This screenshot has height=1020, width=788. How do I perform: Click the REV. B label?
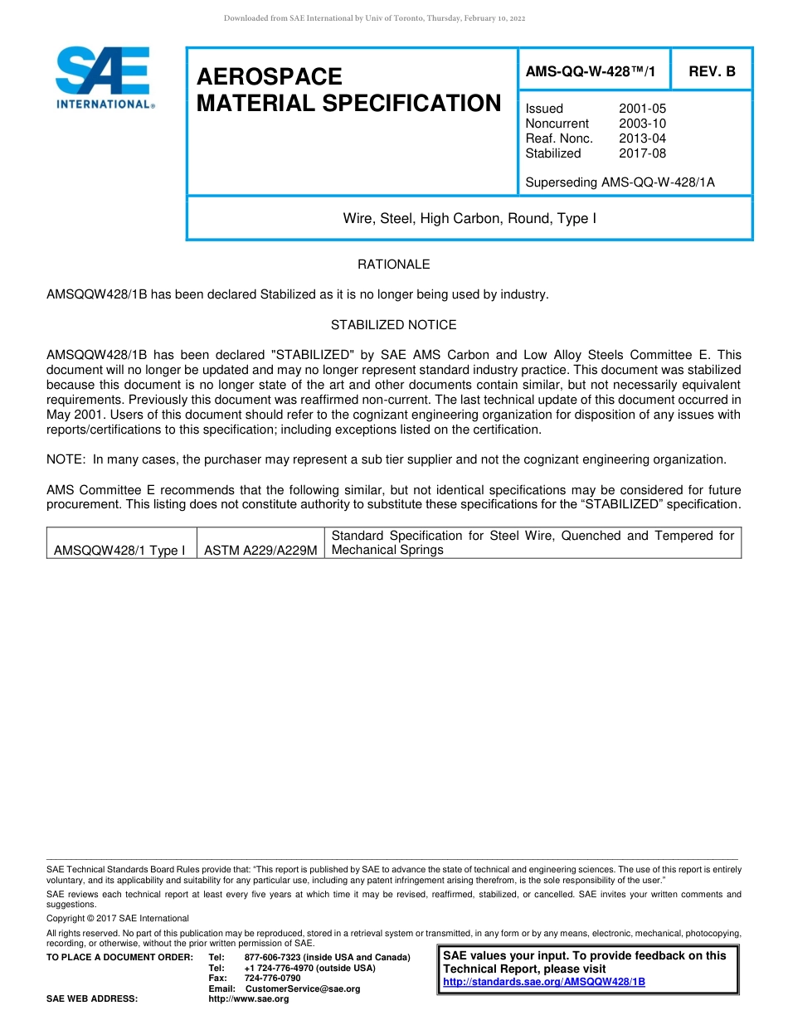click(712, 72)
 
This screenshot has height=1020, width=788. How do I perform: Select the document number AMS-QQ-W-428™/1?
click(590, 72)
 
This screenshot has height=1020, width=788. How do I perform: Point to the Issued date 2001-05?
click(642, 109)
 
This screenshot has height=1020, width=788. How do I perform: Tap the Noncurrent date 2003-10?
click(642, 124)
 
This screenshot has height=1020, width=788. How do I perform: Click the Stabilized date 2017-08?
click(642, 153)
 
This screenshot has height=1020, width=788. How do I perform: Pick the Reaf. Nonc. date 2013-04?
click(642, 138)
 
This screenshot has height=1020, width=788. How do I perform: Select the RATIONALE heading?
click(393, 265)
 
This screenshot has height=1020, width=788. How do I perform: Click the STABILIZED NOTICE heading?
click(393, 325)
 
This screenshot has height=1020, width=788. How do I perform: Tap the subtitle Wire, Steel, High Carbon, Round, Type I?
click(469, 219)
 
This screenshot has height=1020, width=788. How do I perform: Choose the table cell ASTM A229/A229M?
click(260, 551)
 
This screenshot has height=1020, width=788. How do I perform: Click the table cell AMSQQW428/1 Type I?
click(119, 551)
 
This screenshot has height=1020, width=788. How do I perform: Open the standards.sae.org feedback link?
click(544, 982)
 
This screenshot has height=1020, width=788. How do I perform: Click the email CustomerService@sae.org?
click(303, 988)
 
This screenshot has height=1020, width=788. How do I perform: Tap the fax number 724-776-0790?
click(272, 979)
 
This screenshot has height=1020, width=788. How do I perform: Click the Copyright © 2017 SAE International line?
click(118, 918)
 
